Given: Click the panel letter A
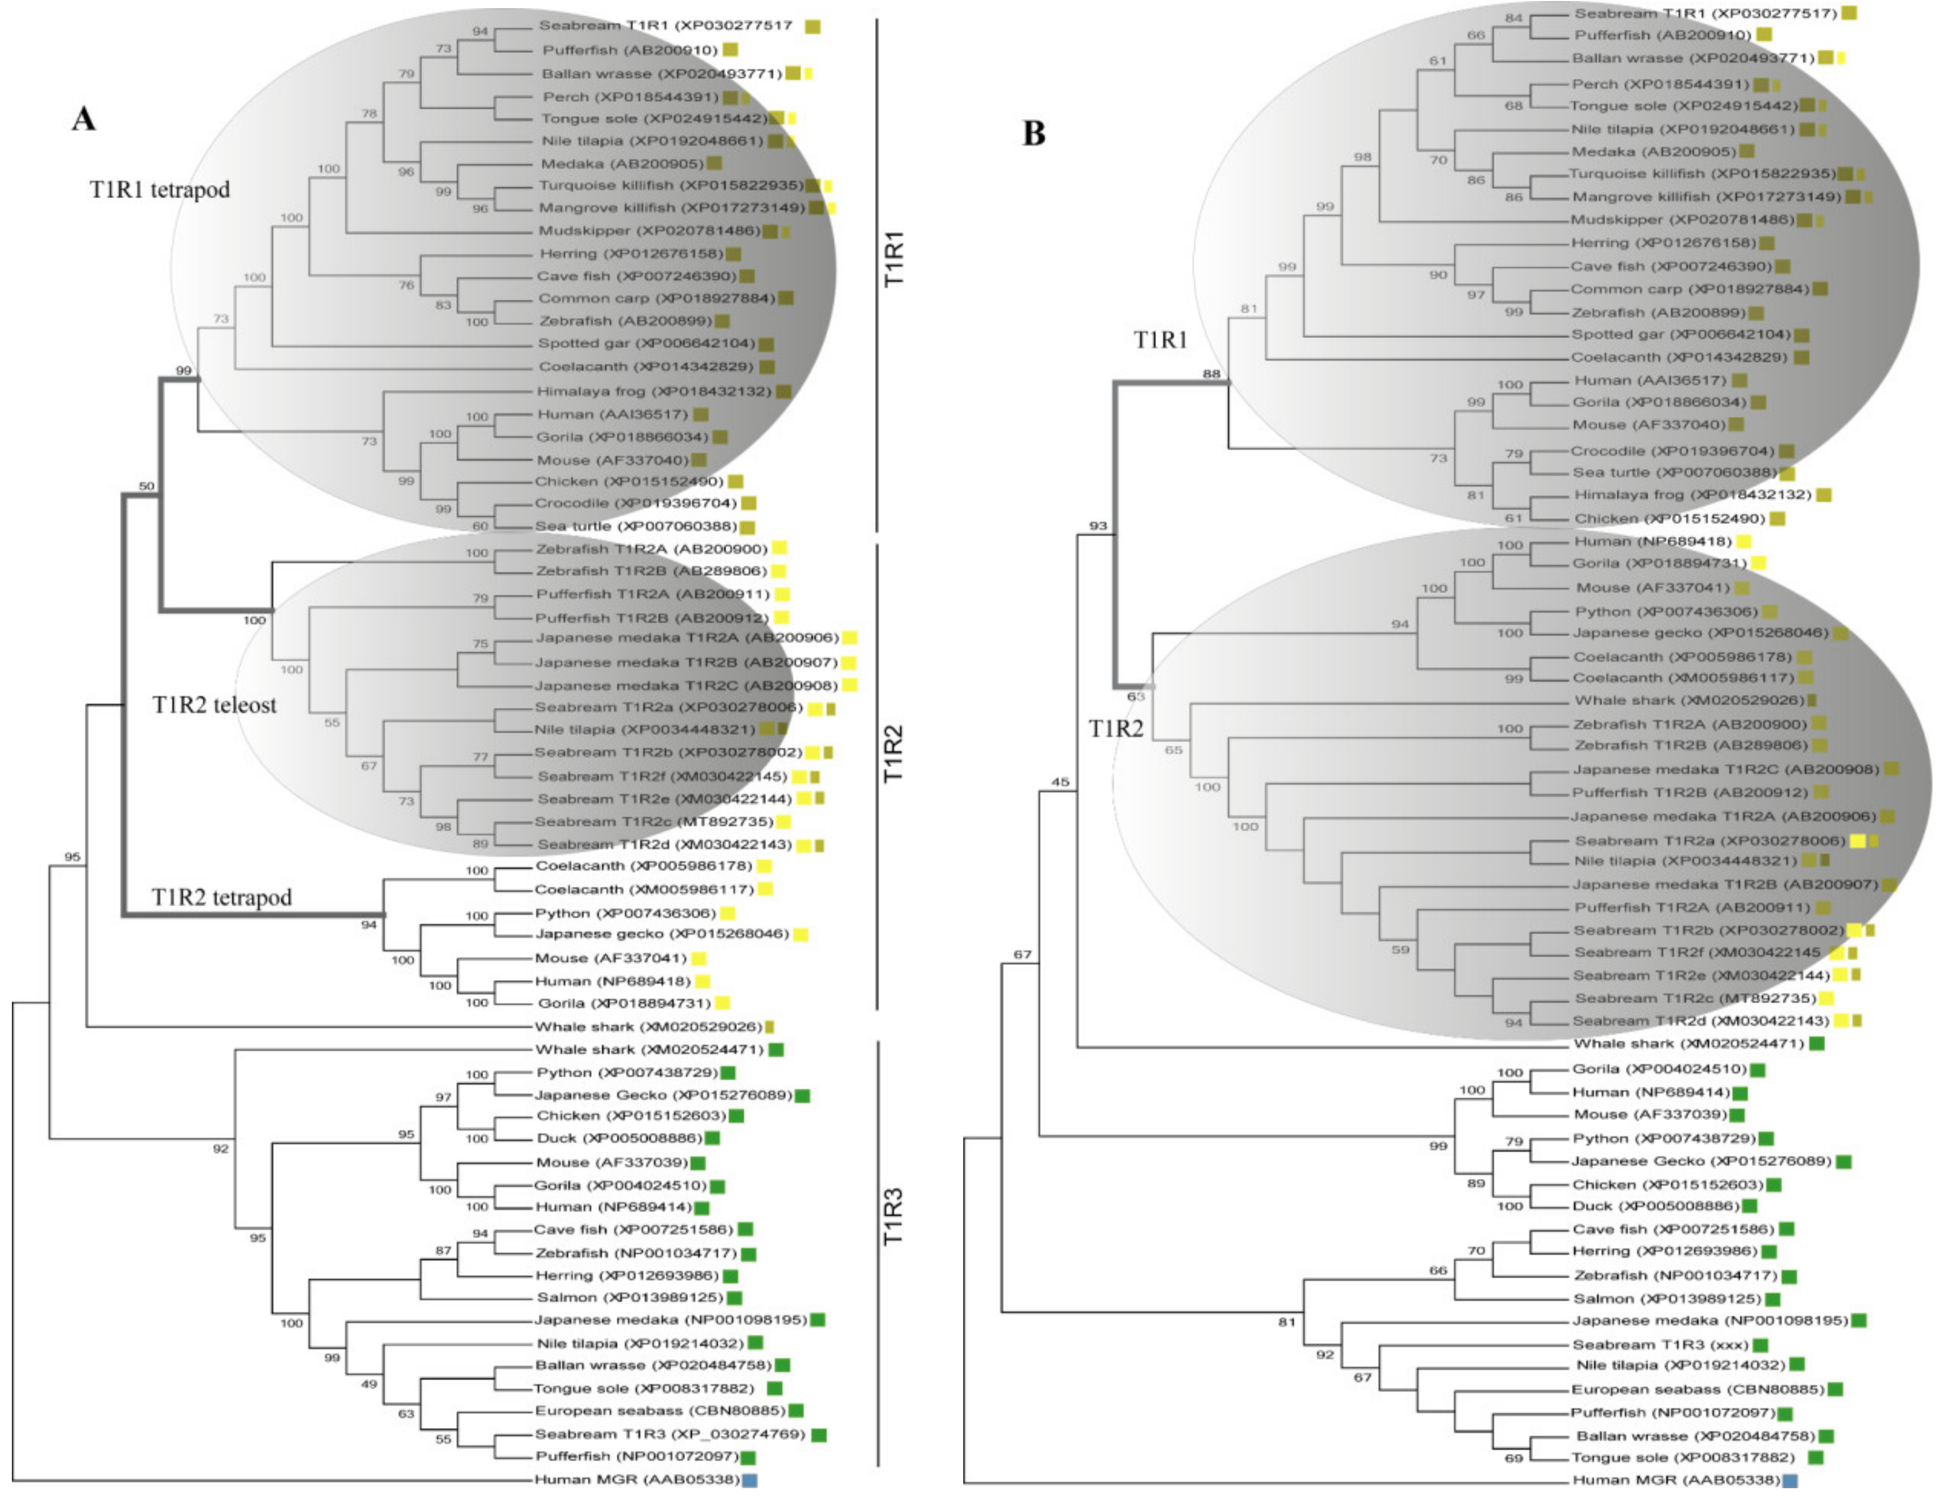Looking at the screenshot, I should pyautogui.click(x=84, y=119).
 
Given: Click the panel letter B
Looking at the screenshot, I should pyautogui.click(x=1033, y=134).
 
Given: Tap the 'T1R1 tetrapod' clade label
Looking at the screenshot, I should pyautogui.click(x=160, y=190).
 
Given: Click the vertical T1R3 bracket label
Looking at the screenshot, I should pyautogui.click(x=893, y=1217).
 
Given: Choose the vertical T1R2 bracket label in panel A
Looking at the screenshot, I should pyautogui.click(x=893, y=753).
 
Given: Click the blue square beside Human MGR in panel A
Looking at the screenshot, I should pyautogui.click(x=750, y=1480).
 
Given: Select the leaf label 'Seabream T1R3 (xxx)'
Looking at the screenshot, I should pyautogui.click(x=1660, y=1344).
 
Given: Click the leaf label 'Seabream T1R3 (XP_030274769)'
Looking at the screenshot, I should pyautogui.click(x=670, y=1434).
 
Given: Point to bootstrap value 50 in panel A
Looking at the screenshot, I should pyautogui.click(x=146, y=486).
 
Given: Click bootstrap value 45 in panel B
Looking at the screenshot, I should pyautogui.click(x=1060, y=782).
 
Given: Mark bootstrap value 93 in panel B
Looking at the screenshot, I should pyautogui.click(x=1098, y=526).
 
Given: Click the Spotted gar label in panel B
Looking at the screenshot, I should pyautogui.click(x=1680, y=334).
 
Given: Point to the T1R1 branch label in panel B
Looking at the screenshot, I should pyautogui.click(x=1160, y=340).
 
